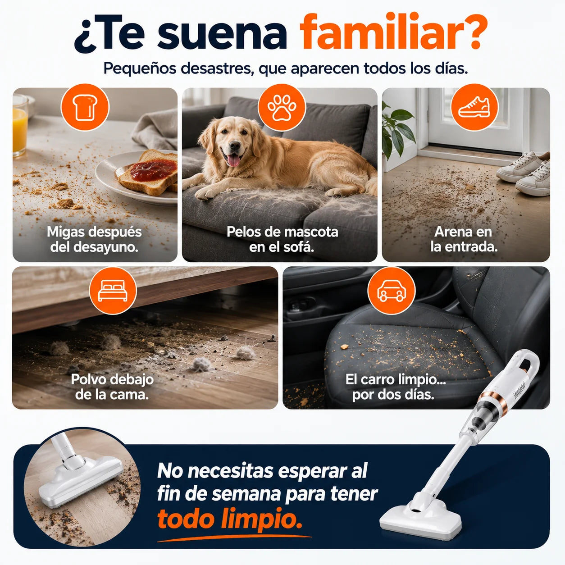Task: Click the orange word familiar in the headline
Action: pos(393,33)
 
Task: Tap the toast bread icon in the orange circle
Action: pos(85,107)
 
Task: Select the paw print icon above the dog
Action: pos(282,108)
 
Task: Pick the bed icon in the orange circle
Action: pos(113,290)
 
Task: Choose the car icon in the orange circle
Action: pos(391,290)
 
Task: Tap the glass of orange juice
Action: pos(20,126)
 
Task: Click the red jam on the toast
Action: pos(153,170)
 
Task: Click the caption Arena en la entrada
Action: pos(463,239)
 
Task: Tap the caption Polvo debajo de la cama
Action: pos(112,387)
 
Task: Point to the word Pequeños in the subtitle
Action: pos(140,69)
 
